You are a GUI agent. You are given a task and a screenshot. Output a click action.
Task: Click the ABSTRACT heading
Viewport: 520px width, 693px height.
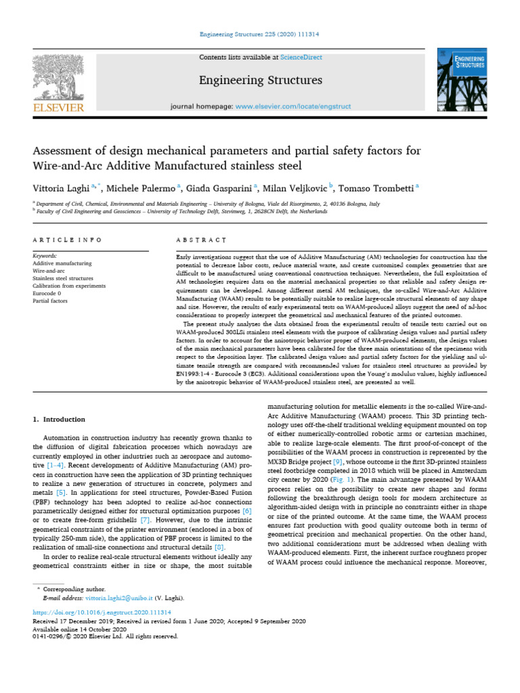coord(200,240)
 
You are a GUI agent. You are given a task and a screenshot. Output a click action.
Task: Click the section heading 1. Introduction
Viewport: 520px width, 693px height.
coord(59,419)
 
